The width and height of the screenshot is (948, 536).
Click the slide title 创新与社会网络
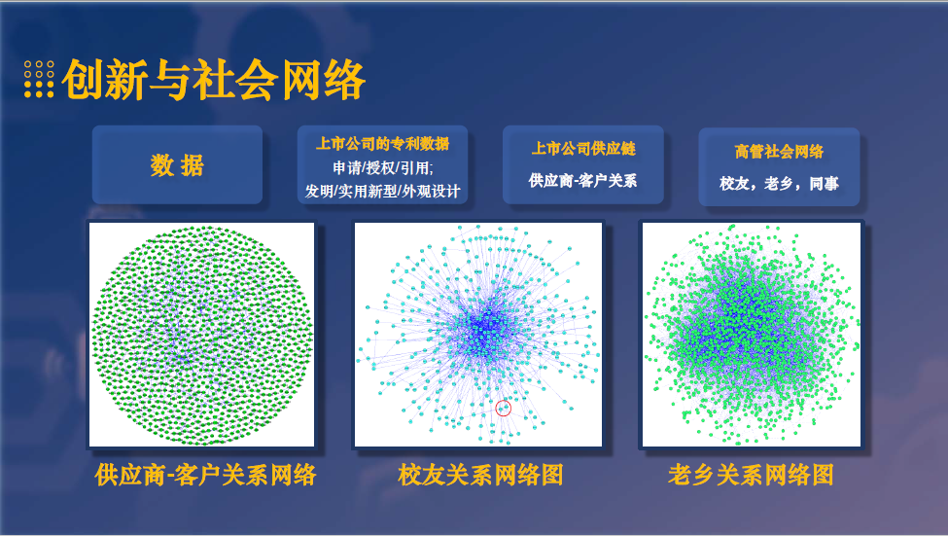[x=213, y=80]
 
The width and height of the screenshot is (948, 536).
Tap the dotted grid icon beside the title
[x=39, y=80]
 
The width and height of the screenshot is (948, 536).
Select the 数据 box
[x=177, y=165]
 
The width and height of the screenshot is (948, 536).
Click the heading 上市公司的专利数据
[x=382, y=144]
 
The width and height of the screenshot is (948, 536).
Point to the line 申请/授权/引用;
[x=382, y=166]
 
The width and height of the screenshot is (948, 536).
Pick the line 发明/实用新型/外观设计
[x=382, y=190]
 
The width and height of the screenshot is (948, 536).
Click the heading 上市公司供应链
[x=582, y=149]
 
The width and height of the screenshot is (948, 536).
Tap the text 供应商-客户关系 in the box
[x=582, y=180]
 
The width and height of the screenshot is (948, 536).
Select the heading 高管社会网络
[x=778, y=152]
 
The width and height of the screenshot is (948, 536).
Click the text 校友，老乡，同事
[x=778, y=183]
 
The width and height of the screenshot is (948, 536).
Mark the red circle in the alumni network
[x=503, y=409]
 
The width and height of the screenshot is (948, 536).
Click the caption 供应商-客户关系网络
[x=205, y=475]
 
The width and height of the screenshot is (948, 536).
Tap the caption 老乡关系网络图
[x=751, y=475]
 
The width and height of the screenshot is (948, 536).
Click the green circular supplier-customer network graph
[x=201, y=334]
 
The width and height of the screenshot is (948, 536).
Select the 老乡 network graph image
[x=751, y=334]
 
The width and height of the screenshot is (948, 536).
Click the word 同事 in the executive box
[x=824, y=183]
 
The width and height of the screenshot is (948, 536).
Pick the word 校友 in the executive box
[x=733, y=183]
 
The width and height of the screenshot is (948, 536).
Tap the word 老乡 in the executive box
[x=778, y=183]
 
